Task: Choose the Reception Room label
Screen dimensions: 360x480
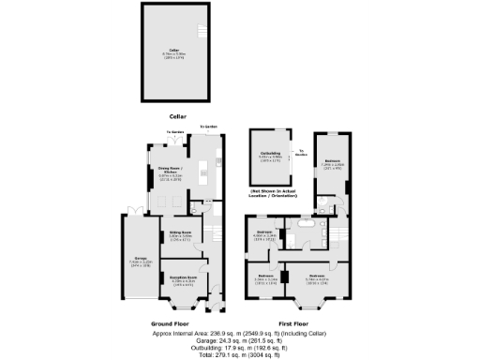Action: click(183, 278)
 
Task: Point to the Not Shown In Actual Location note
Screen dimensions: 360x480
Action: click(271, 194)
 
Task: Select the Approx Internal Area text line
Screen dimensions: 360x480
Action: click(239, 333)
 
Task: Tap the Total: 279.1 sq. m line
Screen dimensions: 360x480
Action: click(239, 355)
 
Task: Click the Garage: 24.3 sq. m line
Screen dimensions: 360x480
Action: click(239, 340)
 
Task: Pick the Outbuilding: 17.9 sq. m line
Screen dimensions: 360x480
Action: click(239, 348)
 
